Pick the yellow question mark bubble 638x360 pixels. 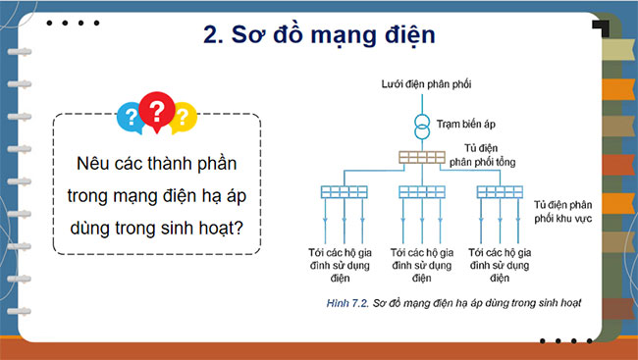tap(184, 119)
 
